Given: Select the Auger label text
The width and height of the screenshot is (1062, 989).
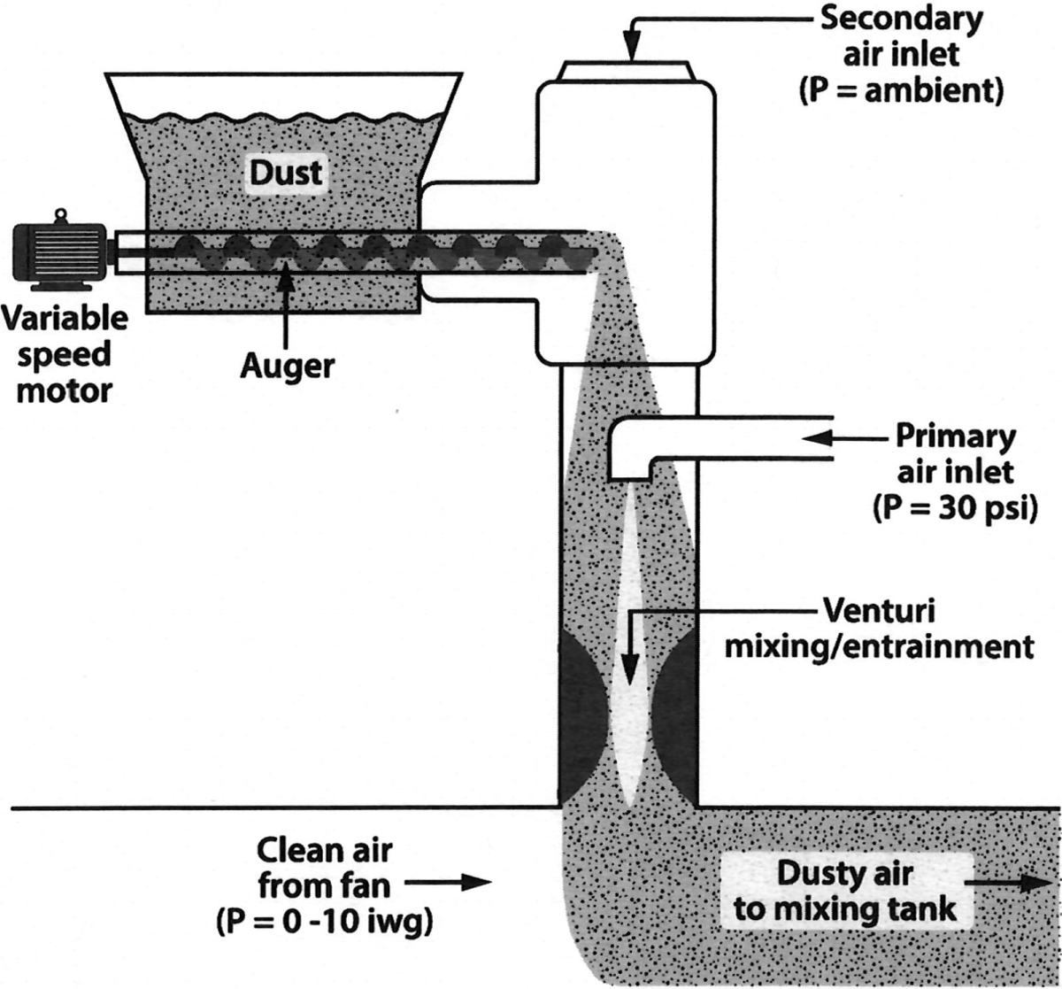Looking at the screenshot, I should (x=287, y=366).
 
